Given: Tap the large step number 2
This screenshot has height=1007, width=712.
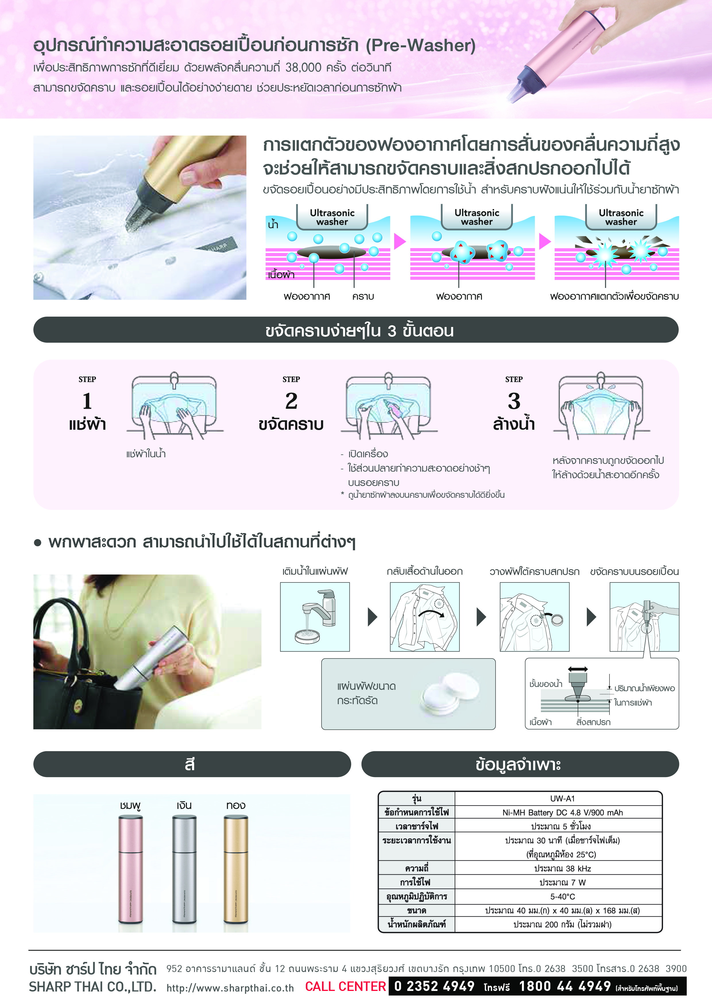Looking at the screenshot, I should [291, 401].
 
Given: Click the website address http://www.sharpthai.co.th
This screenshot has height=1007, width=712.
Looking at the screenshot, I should [230, 988].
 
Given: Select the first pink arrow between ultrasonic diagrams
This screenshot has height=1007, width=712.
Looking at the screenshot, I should [399, 241].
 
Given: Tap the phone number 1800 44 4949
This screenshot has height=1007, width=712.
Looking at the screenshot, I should [565, 986].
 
